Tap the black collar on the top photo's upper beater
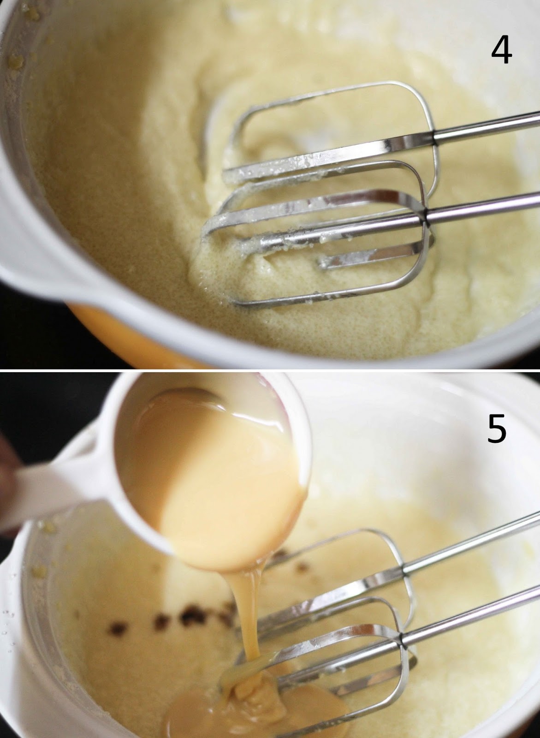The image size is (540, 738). point(434,137)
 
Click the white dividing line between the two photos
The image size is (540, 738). point(270,370)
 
